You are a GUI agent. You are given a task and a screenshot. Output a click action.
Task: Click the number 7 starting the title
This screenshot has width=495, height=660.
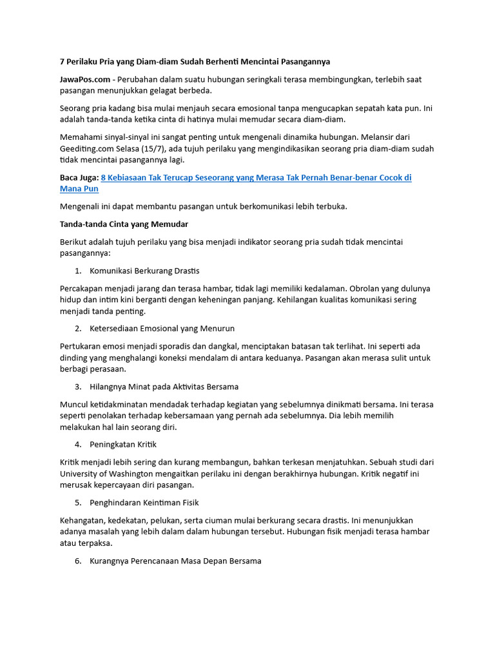click(62, 61)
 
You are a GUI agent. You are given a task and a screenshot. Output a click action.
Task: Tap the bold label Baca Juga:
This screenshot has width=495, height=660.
click(79, 177)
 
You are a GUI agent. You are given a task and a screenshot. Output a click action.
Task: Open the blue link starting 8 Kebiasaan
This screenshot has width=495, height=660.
click(256, 177)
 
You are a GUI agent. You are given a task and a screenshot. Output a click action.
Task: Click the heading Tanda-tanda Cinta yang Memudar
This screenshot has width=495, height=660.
click(124, 224)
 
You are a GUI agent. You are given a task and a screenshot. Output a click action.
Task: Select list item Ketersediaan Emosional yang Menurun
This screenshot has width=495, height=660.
click(162, 329)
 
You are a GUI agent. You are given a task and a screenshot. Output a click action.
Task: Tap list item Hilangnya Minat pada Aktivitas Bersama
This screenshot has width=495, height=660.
click(164, 387)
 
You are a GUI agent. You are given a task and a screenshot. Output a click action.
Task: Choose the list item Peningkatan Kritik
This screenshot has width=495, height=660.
click(123, 445)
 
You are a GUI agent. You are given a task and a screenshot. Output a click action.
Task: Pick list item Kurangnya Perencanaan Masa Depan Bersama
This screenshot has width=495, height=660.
click(175, 561)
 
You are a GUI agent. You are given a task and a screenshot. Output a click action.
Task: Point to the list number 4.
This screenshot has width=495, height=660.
click(77, 445)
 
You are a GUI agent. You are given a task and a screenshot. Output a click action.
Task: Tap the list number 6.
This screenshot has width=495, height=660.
click(77, 561)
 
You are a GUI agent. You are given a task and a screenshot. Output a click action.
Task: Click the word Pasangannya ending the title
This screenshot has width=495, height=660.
click(298, 61)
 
